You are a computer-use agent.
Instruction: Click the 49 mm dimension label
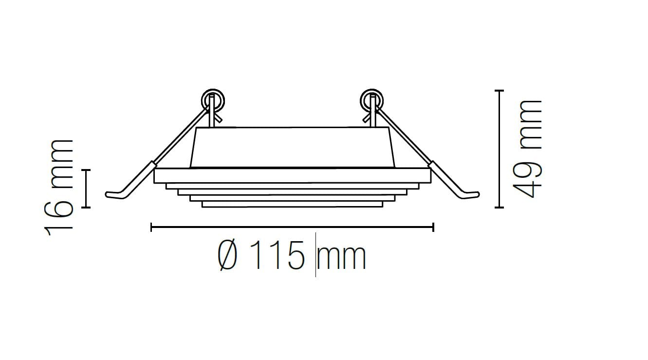(530, 149)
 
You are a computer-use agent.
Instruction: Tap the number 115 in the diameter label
(279, 257)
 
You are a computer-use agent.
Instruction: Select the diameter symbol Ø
(228, 257)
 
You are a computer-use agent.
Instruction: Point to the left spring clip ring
(213, 100)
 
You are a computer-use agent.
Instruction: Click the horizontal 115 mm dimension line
(292, 227)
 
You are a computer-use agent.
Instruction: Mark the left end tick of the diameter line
(152, 227)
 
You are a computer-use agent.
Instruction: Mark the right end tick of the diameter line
(433, 227)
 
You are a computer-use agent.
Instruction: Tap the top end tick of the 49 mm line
(499, 91)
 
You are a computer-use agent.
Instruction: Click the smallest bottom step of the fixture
(292, 205)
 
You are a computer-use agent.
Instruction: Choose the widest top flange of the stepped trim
(292, 176)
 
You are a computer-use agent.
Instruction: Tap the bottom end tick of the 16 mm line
(86, 208)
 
